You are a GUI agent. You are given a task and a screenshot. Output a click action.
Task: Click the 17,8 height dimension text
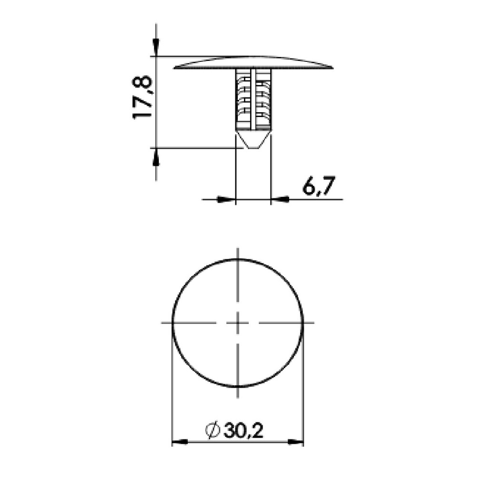pos(143,97)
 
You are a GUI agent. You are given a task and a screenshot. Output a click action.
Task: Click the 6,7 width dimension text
pos(319,186)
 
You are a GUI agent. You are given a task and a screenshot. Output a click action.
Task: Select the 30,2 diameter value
pos(243,430)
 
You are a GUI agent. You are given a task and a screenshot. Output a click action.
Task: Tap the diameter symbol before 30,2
pos(213,430)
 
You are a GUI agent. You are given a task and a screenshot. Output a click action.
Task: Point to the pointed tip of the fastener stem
pos(253,148)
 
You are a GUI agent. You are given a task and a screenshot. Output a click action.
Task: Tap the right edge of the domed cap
pos(332,68)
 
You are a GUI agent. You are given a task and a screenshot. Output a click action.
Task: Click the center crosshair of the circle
pos(238,323)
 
